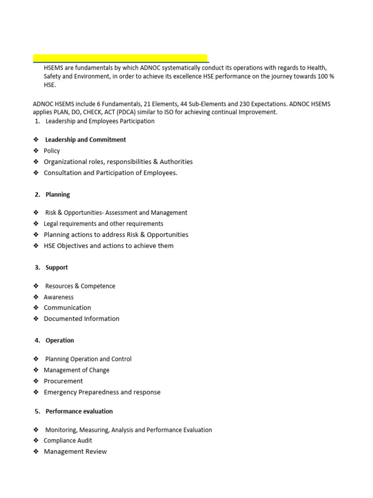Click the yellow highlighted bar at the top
pyautogui.click(x=120, y=58)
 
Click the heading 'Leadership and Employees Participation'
pyautogui.click(x=100, y=121)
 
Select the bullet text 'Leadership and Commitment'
pyautogui.click(x=85, y=140)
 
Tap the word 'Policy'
pyautogui.click(x=52, y=151)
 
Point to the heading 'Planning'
pyautogui.click(x=58, y=195)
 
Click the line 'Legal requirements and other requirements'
pyautogui.click(x=103, y=224)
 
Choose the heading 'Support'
pyautogui.click(x=57, y=267)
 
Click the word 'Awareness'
pyautogui.click(x=59, y=297)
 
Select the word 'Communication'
pyautogui.click(x=68, y=308)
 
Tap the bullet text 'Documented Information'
pyautogui.click(x=82, y=319)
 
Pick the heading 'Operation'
pyautogui.click(x=60, y=340)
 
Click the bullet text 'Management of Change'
pyautogui.click(x=77, y=370)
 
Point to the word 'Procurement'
pyautogui.click(x=63, y=381)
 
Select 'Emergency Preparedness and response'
pyautogui.click(x=102, y=392)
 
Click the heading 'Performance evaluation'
pyautogui.click(x=79, y=411)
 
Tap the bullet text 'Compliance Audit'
pyautogui.click(x=68, y=441)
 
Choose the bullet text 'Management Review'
pyautogui.click(x=75, y=452)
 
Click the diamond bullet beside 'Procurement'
pyautogui.click(x=36, y=381)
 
